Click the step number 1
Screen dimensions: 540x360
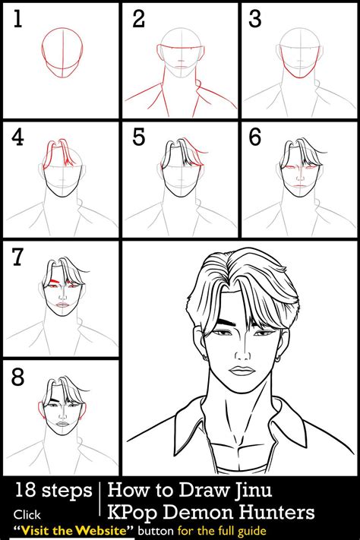coord(17,20)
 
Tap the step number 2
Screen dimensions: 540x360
coord(138,20)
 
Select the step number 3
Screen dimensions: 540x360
coord(256,20)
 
